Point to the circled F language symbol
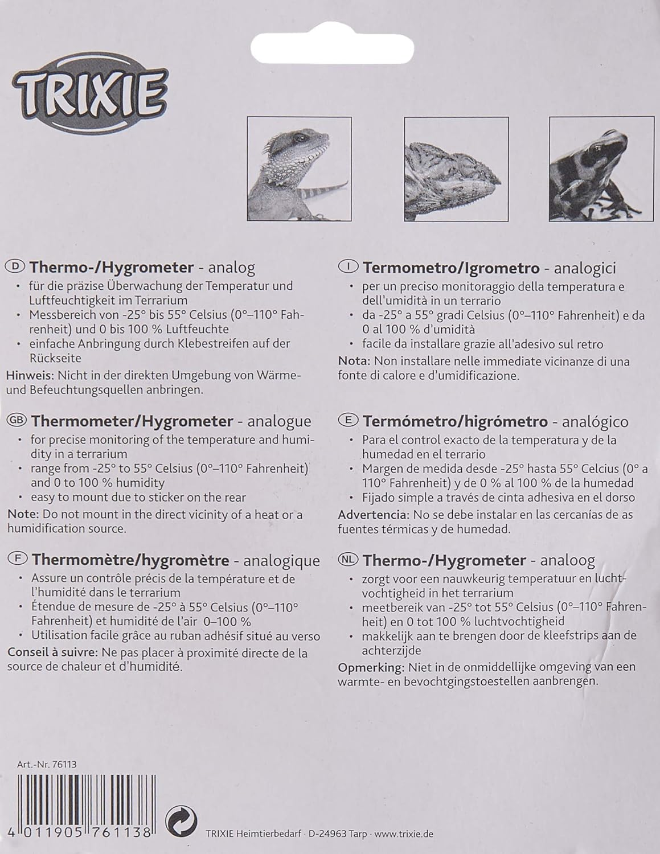point(15,560)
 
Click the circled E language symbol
point(349,421)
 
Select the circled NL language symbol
point(349,560)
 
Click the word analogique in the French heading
point(281,560)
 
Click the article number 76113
point(63,765)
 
